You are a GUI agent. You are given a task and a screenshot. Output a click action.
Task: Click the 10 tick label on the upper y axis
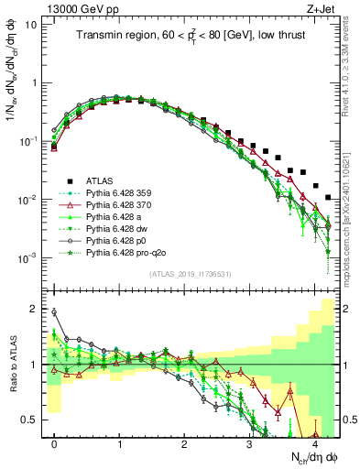(30, 25)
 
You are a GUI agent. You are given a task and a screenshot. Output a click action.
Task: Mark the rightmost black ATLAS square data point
(328, 197)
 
